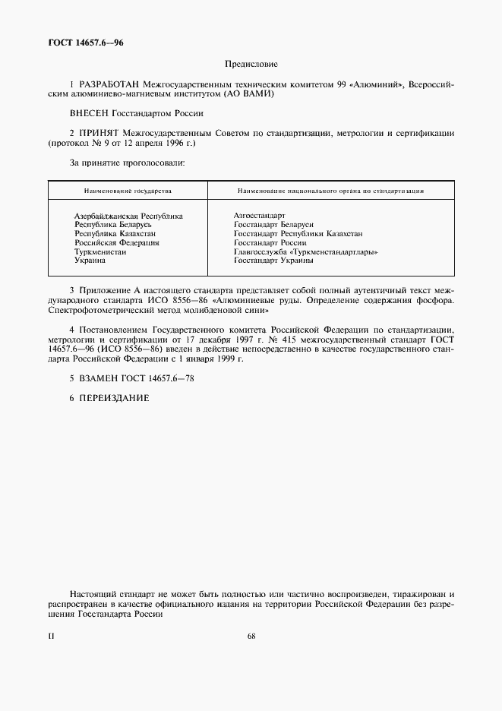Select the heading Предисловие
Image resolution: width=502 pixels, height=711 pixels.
tap(251, 65)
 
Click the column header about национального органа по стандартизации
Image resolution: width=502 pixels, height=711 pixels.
tap(330, 191)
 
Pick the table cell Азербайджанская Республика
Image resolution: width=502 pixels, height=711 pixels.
tap(128, 216)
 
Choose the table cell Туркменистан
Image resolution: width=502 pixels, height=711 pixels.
tap(100, 251)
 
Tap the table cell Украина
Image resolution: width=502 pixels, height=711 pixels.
tap(90, 260)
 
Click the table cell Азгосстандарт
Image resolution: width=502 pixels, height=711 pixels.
tap(260, 216)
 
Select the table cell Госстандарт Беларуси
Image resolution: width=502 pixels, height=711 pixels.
tap(273, 225)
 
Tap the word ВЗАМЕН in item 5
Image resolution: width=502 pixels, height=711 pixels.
tap(103, 378)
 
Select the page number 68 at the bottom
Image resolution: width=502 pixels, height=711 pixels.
tap(251, 637)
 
